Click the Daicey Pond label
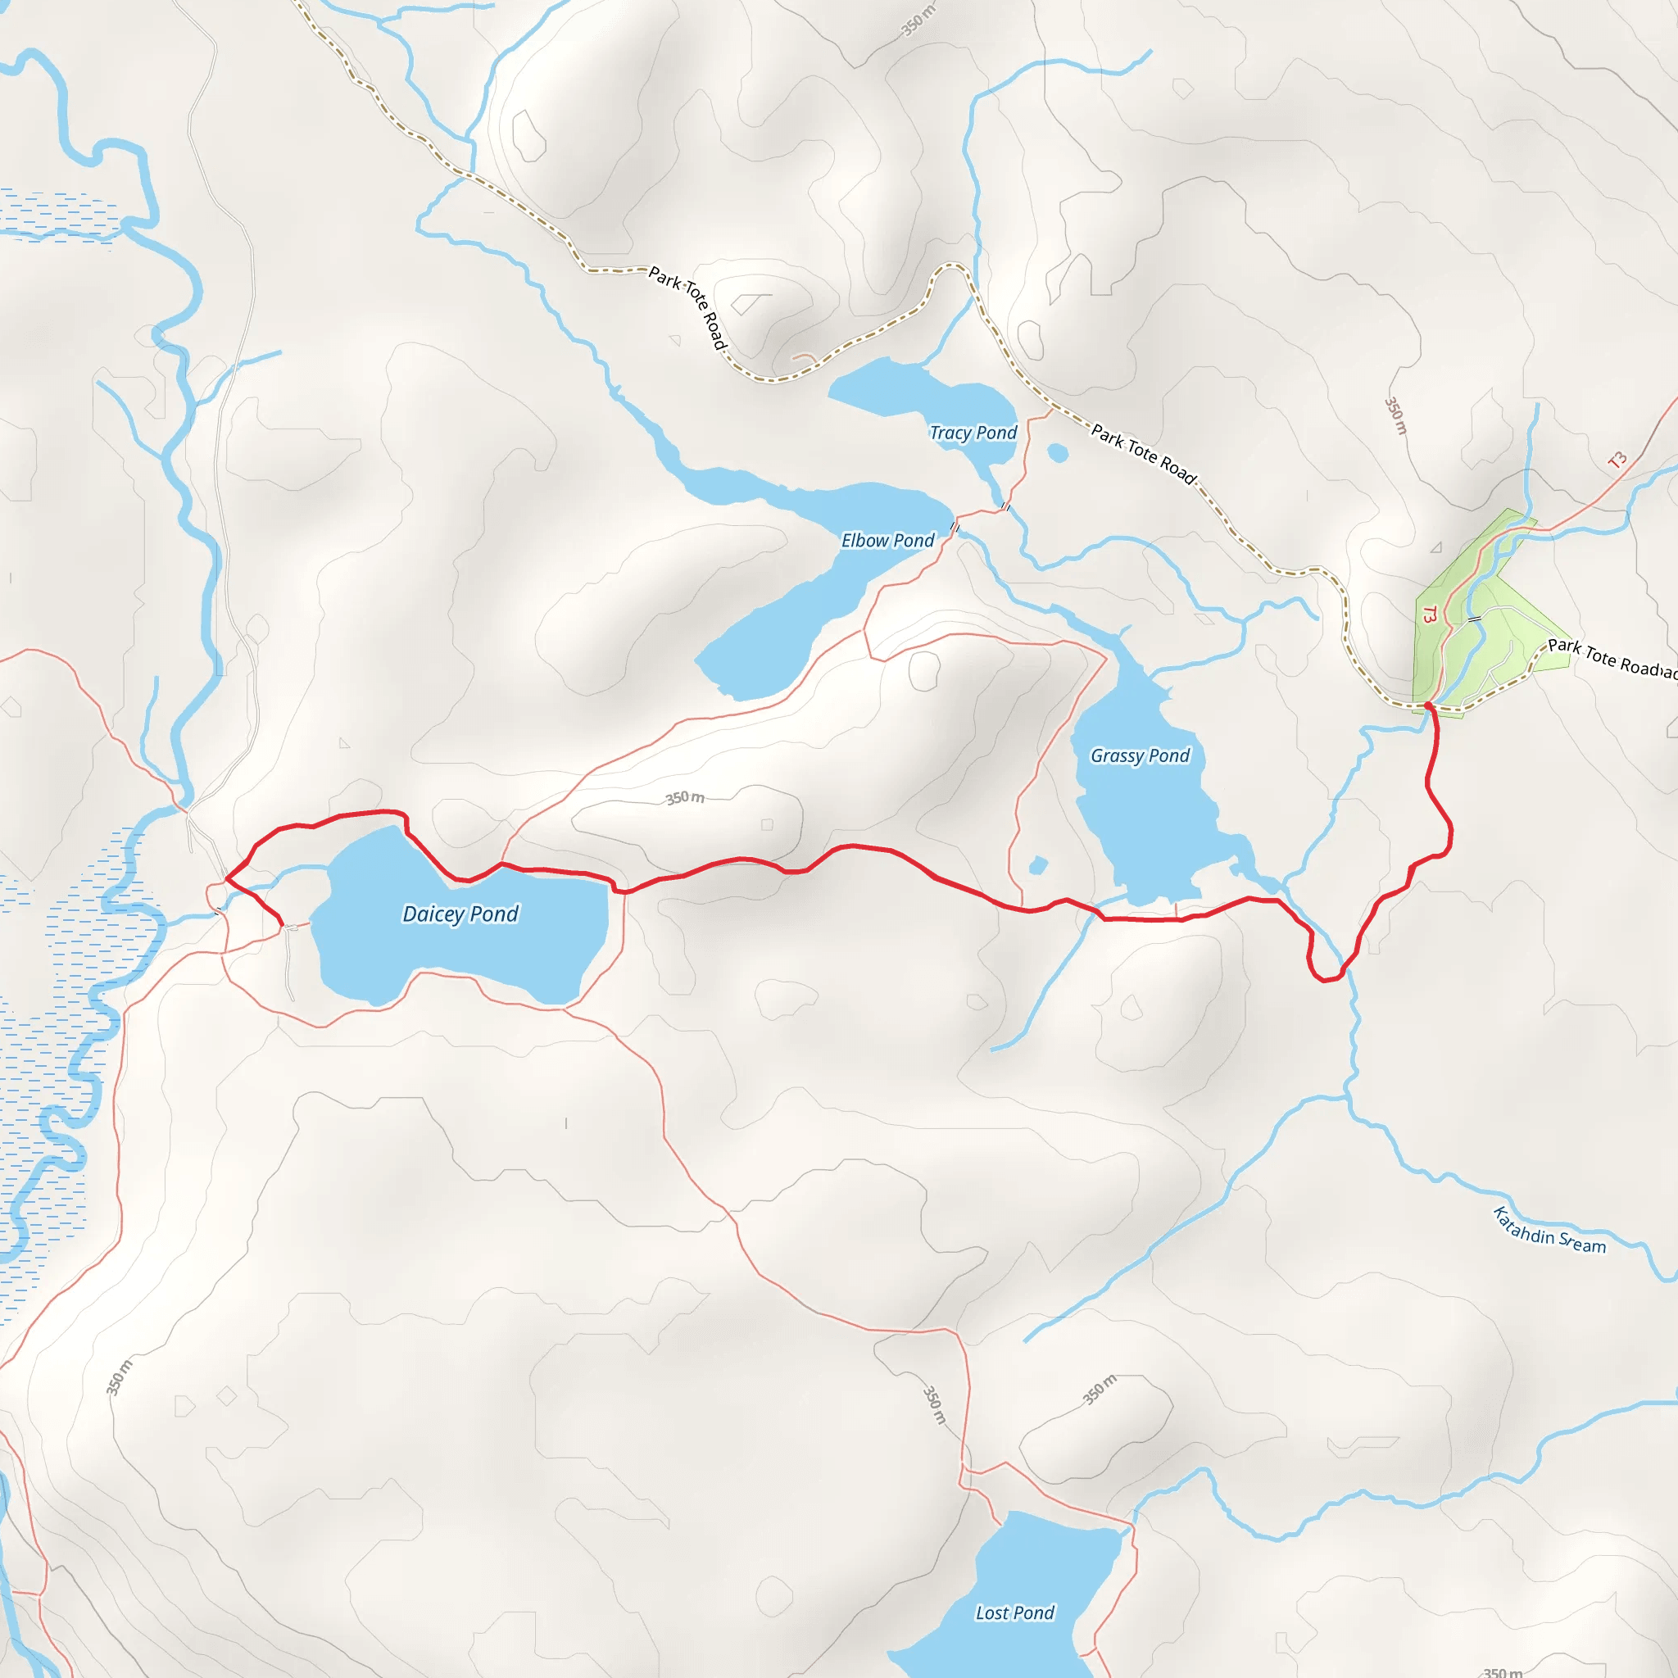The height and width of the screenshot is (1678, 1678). coord(460,914)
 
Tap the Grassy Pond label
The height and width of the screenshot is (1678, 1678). coord(1140,755)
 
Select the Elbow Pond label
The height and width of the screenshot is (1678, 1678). coord(887,540)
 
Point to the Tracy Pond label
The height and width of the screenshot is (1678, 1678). coord(973,433)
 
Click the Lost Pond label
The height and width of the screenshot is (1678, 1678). coord(1014,1612)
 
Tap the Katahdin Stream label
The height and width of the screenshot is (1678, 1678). coord(1549,1230)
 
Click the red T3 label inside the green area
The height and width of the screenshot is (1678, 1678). coord(1430,615)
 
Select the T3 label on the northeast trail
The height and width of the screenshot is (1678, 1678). coord(1617,460)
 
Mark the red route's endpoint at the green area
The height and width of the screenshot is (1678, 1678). coord(1428,706)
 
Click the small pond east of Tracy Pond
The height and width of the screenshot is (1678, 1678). coord(1058,452)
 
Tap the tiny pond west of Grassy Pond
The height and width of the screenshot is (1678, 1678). coord(1038,865)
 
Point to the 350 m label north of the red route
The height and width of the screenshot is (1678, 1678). coord(685,797)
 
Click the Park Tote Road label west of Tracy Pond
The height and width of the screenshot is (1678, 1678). coord(688,307)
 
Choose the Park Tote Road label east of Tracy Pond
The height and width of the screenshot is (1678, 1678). coord(1144,453)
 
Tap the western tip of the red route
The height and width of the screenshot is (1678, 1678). coord(227,879)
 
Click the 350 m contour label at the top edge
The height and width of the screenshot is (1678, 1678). coord(917,20)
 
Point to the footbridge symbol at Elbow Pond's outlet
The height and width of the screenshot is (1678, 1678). coord(955,526)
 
